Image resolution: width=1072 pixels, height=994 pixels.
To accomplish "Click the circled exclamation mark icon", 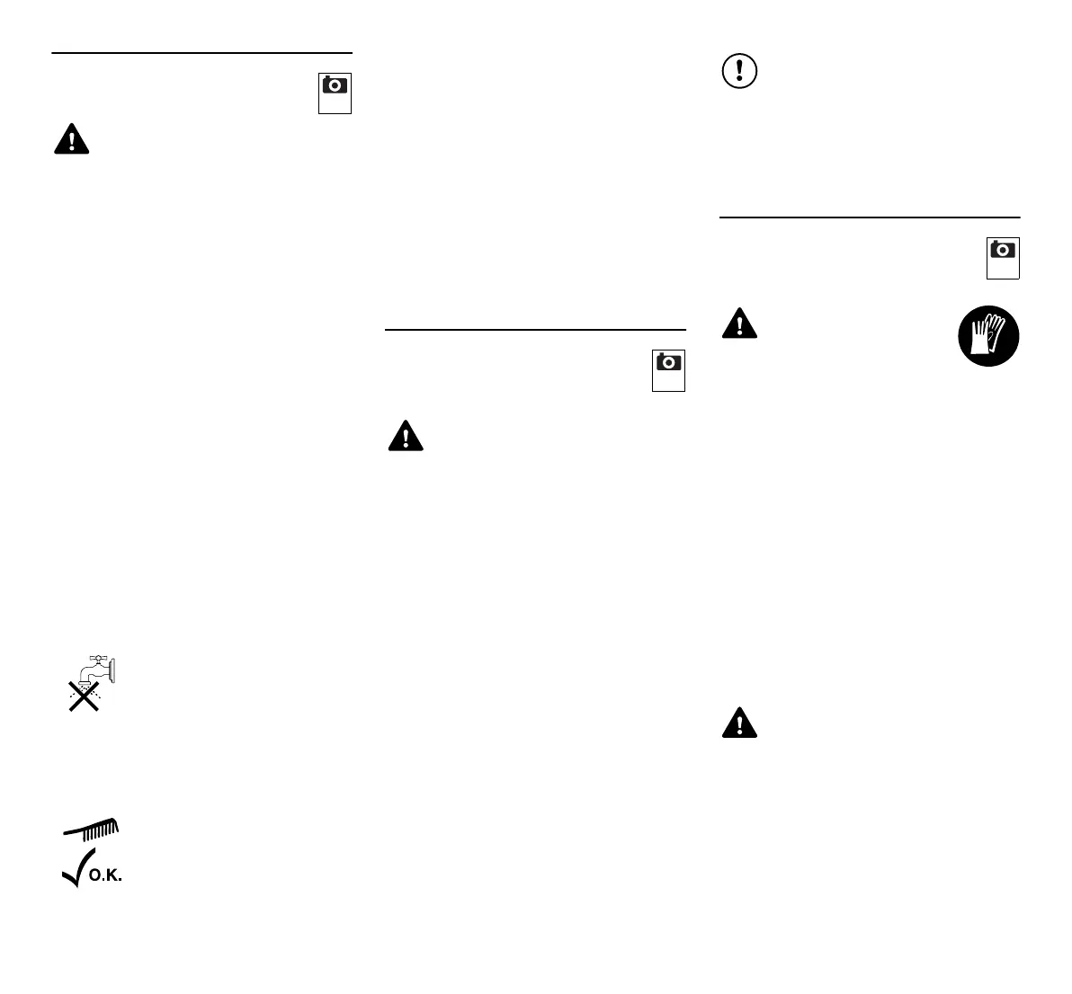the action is point(739,71).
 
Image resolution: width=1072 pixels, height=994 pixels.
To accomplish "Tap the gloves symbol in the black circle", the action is point(987,336).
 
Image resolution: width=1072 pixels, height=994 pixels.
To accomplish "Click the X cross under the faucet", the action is point(84,696).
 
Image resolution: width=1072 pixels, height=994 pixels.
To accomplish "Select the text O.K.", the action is point(105,874).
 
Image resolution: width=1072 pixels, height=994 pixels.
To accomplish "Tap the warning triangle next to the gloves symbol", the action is point(739,324).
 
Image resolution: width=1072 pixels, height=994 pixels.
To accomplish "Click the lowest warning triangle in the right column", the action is point(739,723).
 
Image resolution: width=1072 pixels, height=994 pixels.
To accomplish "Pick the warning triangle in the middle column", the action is point(406,436).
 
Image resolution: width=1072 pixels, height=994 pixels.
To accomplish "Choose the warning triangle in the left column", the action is point(71,139).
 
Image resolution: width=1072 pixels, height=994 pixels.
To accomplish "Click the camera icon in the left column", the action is point(335,86).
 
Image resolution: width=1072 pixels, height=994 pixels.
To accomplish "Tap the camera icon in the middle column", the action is point(669,363).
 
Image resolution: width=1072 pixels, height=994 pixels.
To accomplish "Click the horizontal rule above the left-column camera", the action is point(201,53).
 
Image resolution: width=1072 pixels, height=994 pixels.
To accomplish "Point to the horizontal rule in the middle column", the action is point(535,330).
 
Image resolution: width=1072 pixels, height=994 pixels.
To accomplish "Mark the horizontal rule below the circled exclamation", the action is point(870,217).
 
